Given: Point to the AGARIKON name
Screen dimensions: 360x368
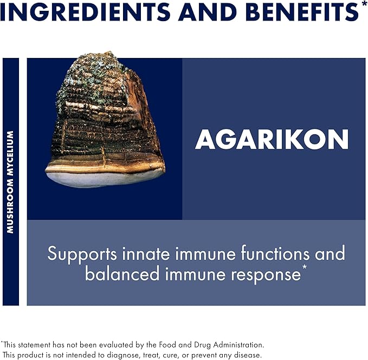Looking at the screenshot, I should pos(272,140).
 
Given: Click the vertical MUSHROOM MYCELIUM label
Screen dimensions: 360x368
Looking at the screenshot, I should pos(10,182).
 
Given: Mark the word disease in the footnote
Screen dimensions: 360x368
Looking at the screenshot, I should pos(247,355).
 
